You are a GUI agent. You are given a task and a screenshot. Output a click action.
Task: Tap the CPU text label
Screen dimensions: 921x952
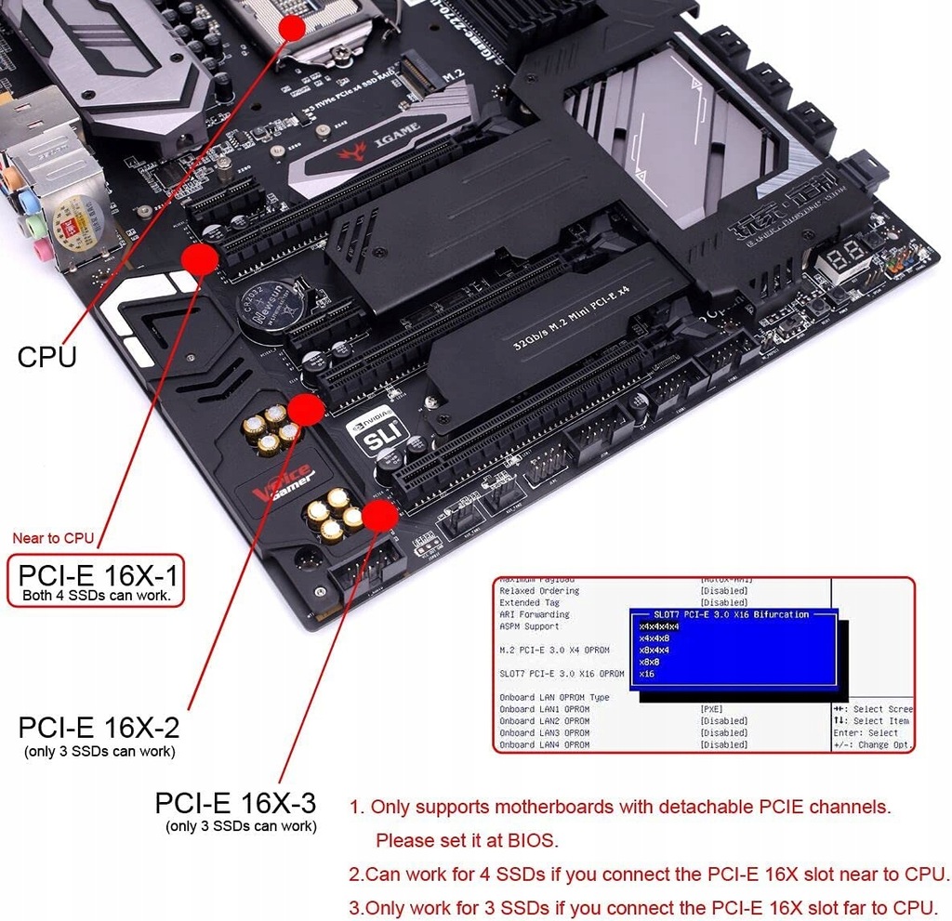pos(46,356)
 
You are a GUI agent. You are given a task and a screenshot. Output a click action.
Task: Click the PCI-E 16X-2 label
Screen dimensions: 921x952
pos(99,726)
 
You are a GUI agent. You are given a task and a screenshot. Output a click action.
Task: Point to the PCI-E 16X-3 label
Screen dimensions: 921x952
pos(235,802)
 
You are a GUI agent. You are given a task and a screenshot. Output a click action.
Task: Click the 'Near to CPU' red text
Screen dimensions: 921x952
pos(53,537)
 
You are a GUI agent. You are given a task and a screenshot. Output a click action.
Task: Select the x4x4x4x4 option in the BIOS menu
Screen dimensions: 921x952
pos(659,626)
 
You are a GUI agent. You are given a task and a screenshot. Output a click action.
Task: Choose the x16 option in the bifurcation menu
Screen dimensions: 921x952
pos(647,674)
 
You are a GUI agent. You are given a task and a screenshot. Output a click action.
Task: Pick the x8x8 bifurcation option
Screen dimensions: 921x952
pos(652,662)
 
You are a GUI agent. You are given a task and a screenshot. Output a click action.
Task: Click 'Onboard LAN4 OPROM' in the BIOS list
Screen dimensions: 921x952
pos(544,744)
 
